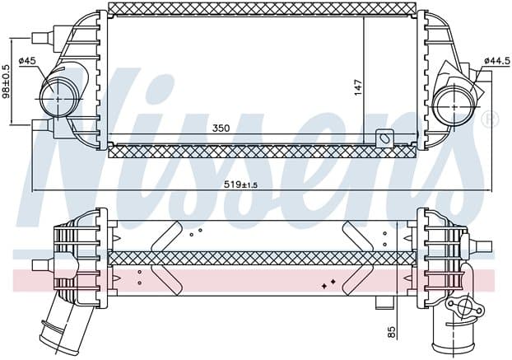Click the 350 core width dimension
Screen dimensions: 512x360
click(x=221, y=128)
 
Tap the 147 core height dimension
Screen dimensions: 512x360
click(x=358, y=87)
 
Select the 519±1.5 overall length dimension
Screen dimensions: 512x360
click(x=240, y=185)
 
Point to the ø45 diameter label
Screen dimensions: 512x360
click(x=27, y=61)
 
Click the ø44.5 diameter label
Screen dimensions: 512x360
click(x=497, y=61)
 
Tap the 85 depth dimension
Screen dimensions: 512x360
click(x=392, y=332)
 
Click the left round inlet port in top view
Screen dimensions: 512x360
click(x=58, y=98)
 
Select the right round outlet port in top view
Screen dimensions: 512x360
click(x=453, y=106)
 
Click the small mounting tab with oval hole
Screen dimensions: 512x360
click(x=384, y=139)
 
